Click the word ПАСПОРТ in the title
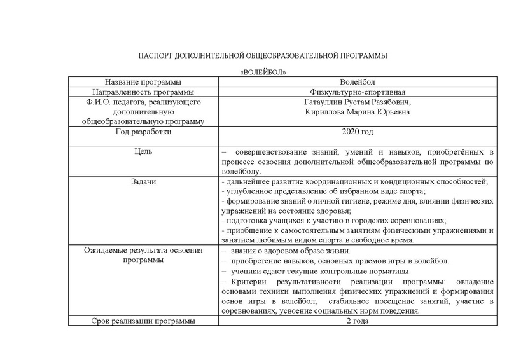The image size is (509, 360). pos(155,57)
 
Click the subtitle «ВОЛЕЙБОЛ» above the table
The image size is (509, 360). pos(262,73)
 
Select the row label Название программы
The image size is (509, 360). pos(143,82)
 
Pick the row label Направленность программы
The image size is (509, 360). pos(143,92)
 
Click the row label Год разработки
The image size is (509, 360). pos(143,132)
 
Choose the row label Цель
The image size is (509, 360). pos(143,152)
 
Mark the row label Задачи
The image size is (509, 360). pos(143,181)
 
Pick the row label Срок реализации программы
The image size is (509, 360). pos(143,321)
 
